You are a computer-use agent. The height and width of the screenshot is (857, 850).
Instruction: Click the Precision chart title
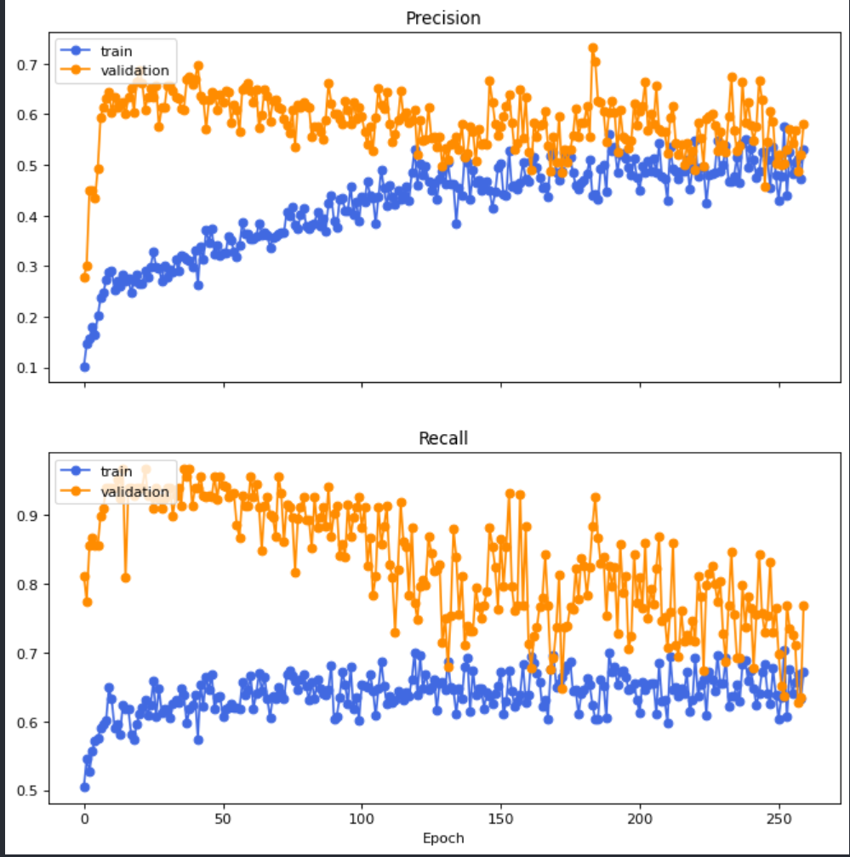[442, 18]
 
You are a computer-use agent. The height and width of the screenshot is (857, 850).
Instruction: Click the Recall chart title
[442, 439]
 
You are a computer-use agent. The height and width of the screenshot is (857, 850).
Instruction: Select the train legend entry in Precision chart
[117, 51]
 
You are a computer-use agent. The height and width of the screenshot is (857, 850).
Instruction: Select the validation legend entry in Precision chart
[134, 71]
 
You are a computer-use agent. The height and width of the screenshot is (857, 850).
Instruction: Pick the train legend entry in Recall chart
[117, 471]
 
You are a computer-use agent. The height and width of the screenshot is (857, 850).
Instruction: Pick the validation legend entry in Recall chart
[134, 491]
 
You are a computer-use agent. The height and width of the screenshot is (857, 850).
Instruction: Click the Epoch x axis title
[442, 838]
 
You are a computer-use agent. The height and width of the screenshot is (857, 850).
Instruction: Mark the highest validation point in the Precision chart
[593, 49]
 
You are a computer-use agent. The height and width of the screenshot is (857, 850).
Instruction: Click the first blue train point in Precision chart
[84, 367]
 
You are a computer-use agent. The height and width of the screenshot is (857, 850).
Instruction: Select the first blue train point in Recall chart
[84, 787]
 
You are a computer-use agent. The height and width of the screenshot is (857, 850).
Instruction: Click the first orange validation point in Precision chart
[84, 277]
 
